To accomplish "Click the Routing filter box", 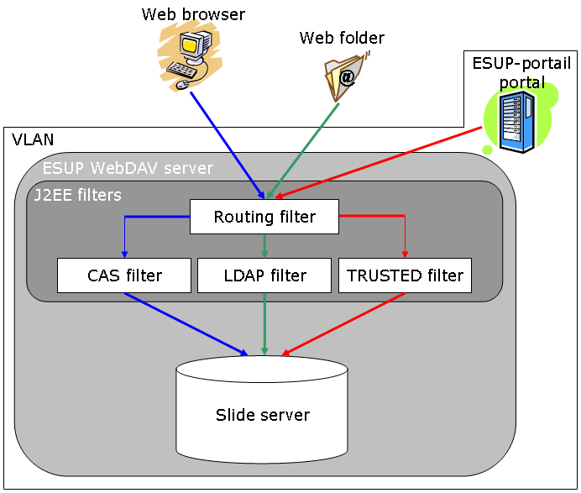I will pos(264,217).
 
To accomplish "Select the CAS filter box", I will pos(124,275).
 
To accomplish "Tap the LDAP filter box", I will pos(264,275).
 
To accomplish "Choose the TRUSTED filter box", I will pos(405,275).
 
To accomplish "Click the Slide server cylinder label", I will pos(263,415).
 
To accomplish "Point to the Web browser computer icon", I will pos(190,55).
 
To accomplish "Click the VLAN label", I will pos(33,139).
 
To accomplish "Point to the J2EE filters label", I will pos(78,196).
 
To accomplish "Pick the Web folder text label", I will pos(342,38).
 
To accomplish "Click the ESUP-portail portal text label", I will pos(521,73).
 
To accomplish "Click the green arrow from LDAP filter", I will pos(265,323).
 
